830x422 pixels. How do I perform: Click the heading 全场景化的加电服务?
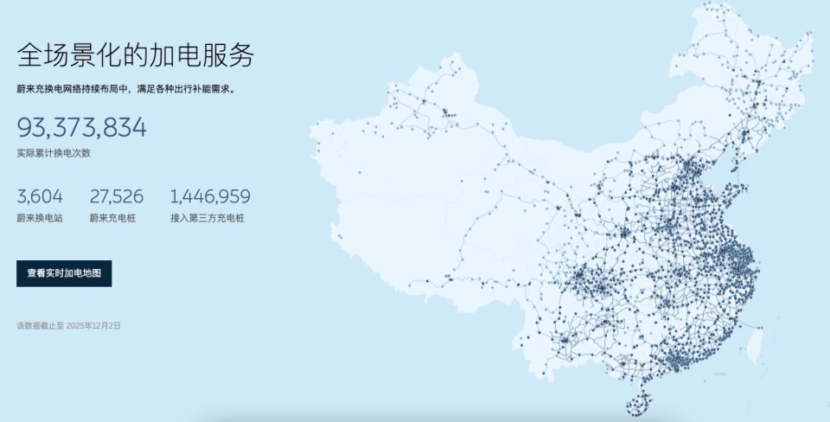click(135, 55)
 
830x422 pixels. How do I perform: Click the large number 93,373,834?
click(81, 128)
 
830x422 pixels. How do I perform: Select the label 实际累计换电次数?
click(54, 153)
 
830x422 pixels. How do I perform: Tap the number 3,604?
click(40, 196)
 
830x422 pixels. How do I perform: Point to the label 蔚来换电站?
click(40, 219)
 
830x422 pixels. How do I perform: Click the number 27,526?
click(117, 196)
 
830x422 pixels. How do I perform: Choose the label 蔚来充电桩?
click(112, 219)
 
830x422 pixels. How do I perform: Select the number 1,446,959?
click(210, 196)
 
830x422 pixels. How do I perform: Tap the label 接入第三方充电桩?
click(207, 219)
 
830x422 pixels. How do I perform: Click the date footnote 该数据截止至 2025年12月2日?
click(69, 326)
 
